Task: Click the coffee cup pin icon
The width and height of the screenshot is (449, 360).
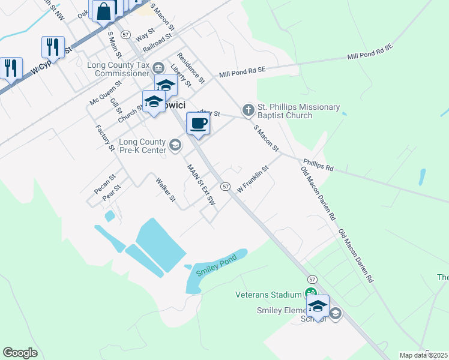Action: tap(198, 124)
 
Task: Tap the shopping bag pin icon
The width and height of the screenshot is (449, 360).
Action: tap(104, 11)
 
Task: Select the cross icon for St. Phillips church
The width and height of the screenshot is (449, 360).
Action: tap(248, 110)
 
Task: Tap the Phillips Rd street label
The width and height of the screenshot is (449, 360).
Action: tap(318, 165)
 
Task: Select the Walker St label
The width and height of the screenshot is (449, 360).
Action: tap(165, 189)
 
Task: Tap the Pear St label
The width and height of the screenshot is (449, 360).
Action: tap(112, 195)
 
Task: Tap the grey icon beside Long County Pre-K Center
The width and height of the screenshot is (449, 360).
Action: tap(175, 144)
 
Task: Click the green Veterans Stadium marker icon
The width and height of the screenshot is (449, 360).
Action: tap(310, 293)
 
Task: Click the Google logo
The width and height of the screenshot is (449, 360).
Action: tap(20, 353)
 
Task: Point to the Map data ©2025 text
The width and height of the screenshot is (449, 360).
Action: tap(423, 355)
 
